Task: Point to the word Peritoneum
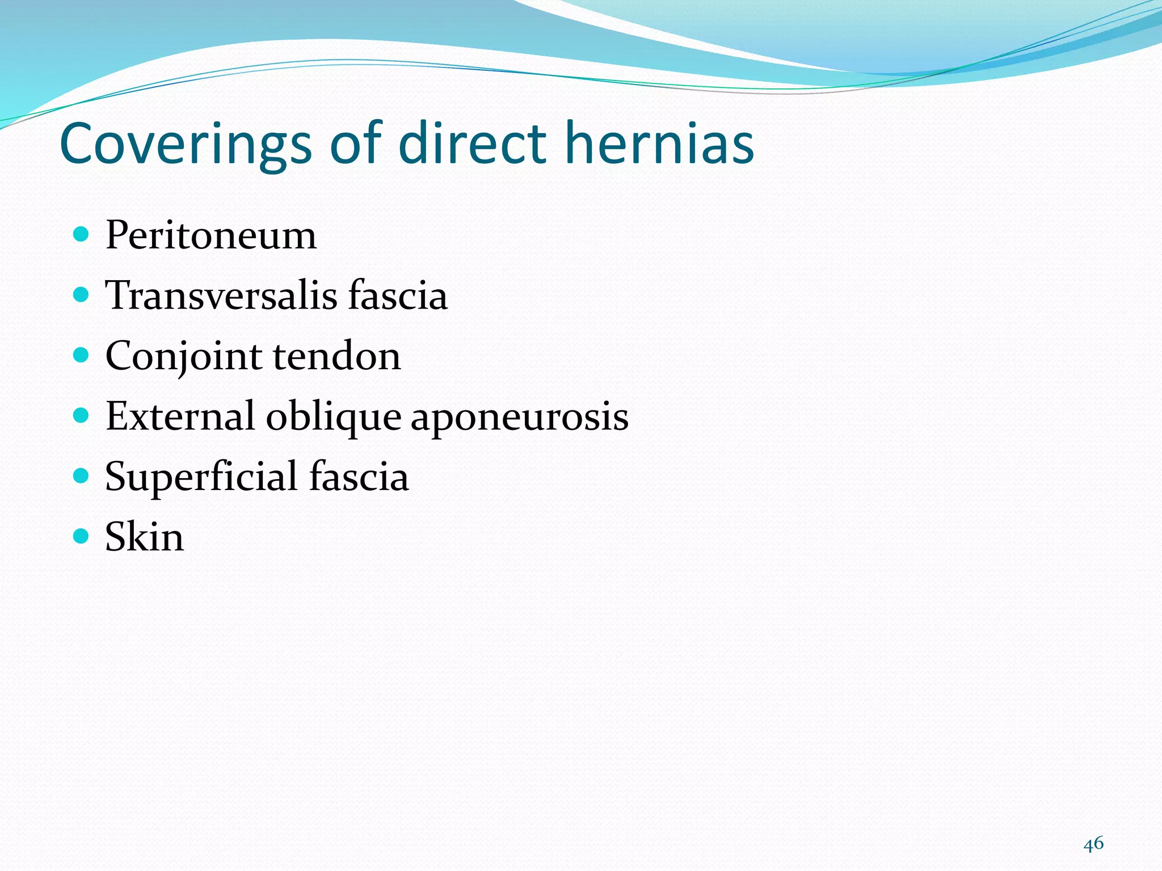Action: (x=210, y=235)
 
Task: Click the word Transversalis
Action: (x=221, y=295)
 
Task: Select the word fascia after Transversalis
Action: (x=398, y=295)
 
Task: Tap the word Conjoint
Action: (x=184, y=357)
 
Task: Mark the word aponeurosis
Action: (x=519, y=417)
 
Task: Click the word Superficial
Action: (x=201, y=477)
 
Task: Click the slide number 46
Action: (x=1093, y=844)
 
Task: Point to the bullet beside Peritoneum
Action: (x=82, y=234)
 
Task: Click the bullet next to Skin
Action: (x=82, y=535)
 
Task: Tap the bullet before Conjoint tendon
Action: (x=82, y=354)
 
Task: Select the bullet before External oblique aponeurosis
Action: (x=82, y=415)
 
